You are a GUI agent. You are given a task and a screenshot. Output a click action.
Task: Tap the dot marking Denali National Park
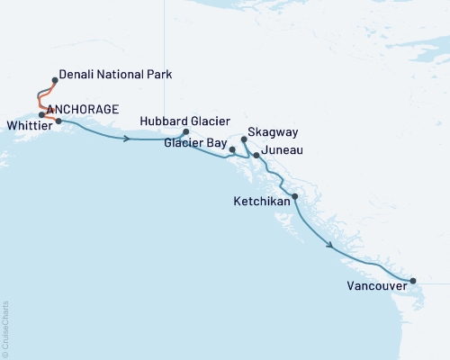[x=56, y=80]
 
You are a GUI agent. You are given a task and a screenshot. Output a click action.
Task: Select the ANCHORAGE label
[x=83, y=110]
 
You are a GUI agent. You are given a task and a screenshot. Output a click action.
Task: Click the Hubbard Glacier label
[x=186, y=121]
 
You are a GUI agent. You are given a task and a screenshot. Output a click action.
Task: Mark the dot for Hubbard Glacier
[x=185, y=132]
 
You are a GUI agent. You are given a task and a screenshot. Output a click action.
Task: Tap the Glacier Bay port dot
[x=232, y=148]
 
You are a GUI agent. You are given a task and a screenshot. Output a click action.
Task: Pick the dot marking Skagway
[x=244, y=139]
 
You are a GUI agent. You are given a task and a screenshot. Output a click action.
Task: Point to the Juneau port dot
[x=256, y=156]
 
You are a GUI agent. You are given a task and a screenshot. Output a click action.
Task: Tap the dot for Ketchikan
[x=294, y=196]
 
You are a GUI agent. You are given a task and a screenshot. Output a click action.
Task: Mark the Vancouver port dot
[x=413, y=282]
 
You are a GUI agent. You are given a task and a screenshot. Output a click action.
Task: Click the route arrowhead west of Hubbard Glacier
[x=129, y=139]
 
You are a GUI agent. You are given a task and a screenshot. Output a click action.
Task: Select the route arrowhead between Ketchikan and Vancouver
[x=331, y=245]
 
